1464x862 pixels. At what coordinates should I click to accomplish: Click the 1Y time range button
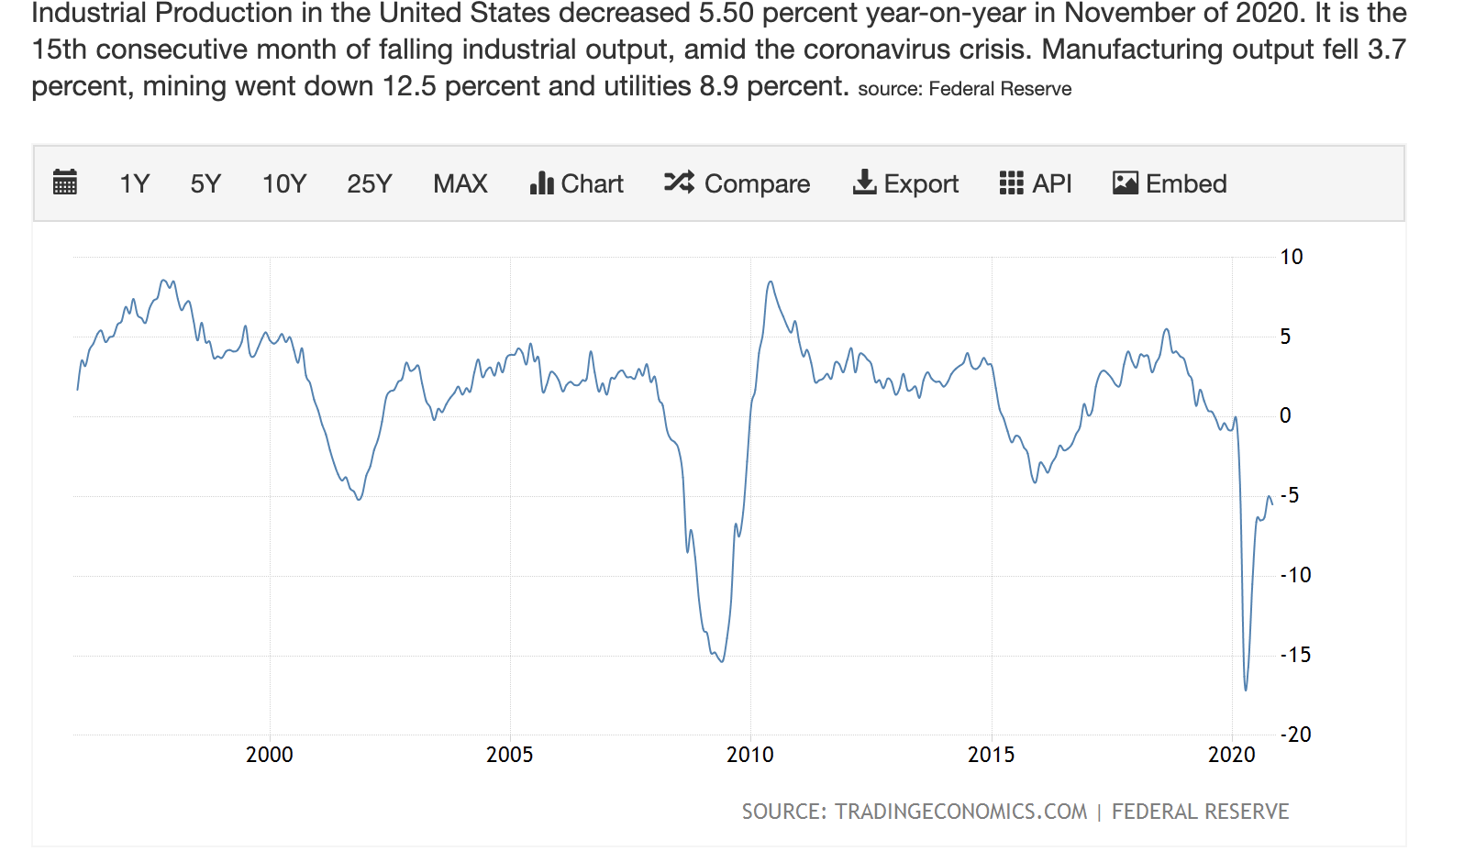134,183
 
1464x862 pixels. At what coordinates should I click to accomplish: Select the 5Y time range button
205,183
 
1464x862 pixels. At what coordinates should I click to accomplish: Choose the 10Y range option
284,183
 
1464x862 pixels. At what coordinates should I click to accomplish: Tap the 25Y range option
369,183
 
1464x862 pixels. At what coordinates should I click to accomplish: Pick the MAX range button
460,183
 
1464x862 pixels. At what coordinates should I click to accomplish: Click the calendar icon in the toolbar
65,182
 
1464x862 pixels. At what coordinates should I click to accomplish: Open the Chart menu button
576,183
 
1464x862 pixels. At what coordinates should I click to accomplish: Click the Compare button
737,183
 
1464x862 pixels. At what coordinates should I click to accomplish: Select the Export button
905,183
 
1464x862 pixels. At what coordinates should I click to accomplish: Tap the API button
1036,183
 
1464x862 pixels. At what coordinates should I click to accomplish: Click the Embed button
1170,183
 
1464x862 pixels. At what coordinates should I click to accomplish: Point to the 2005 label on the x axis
509,755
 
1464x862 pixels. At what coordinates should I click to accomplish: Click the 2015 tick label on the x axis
991,755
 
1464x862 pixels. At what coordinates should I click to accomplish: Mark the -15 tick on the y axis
1295,655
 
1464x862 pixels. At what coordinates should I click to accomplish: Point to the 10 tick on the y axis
1291,257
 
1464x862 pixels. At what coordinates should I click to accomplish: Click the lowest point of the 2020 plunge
1246,690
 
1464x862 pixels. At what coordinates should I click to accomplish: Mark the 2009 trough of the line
723,661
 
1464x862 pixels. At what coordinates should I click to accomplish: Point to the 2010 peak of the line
771,282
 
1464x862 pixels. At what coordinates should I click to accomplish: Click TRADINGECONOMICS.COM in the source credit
959,812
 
